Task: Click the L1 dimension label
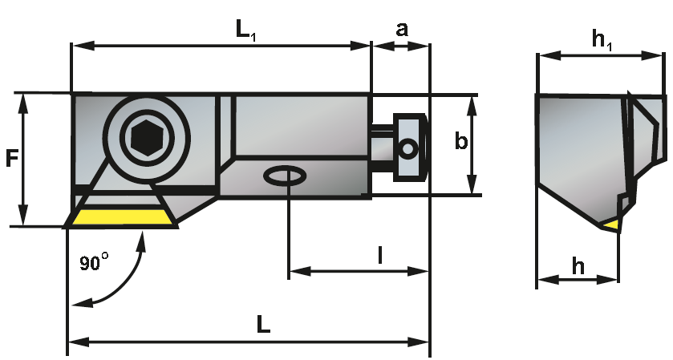(246, 31)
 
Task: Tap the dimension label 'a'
(401, 29)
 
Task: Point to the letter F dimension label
(11, 158)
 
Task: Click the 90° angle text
(94, 261)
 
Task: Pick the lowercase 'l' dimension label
(380, 256)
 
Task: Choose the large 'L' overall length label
(264, 324)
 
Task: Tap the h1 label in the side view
(602, 40)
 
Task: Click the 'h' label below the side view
(578, 266)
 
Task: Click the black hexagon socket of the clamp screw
(147, 137)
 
